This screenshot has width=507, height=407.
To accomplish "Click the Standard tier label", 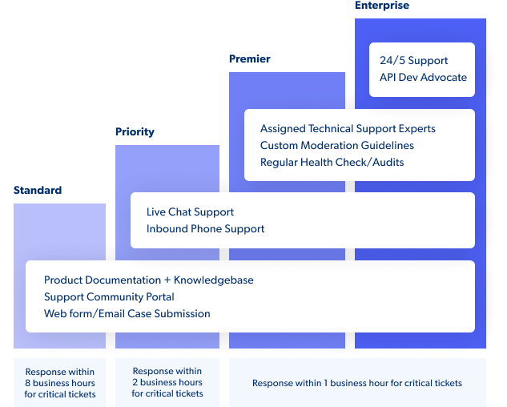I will [37, 191].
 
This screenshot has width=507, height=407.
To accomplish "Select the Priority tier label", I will [135, 131].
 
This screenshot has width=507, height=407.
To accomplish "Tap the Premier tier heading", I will [249, 59].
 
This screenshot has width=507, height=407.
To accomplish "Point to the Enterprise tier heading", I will [381, 6].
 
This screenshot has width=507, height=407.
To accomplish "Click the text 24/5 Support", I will [413, 61].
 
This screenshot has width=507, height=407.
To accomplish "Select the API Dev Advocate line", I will [423, 78].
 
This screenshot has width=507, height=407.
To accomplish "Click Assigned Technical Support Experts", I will [348, 129].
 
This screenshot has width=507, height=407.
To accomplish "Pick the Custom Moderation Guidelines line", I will [337, 146].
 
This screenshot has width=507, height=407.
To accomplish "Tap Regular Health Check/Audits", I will [332, 163].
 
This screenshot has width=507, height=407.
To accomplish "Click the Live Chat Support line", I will [190, 212].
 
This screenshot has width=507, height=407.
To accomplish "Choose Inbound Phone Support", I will [205, 229].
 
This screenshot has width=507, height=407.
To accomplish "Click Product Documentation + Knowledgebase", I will [148, 280].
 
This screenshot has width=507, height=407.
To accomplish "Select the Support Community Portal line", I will [109, 297].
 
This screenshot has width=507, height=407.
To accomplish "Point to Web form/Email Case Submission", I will [127, 314].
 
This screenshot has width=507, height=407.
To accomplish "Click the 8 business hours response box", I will [59, 383].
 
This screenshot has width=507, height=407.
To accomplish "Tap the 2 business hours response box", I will [167, 382].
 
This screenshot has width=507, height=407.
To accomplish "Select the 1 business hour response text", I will [357, 383].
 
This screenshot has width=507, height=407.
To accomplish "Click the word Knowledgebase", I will [214, 280].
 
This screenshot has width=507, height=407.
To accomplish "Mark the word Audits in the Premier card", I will [387, 163].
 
